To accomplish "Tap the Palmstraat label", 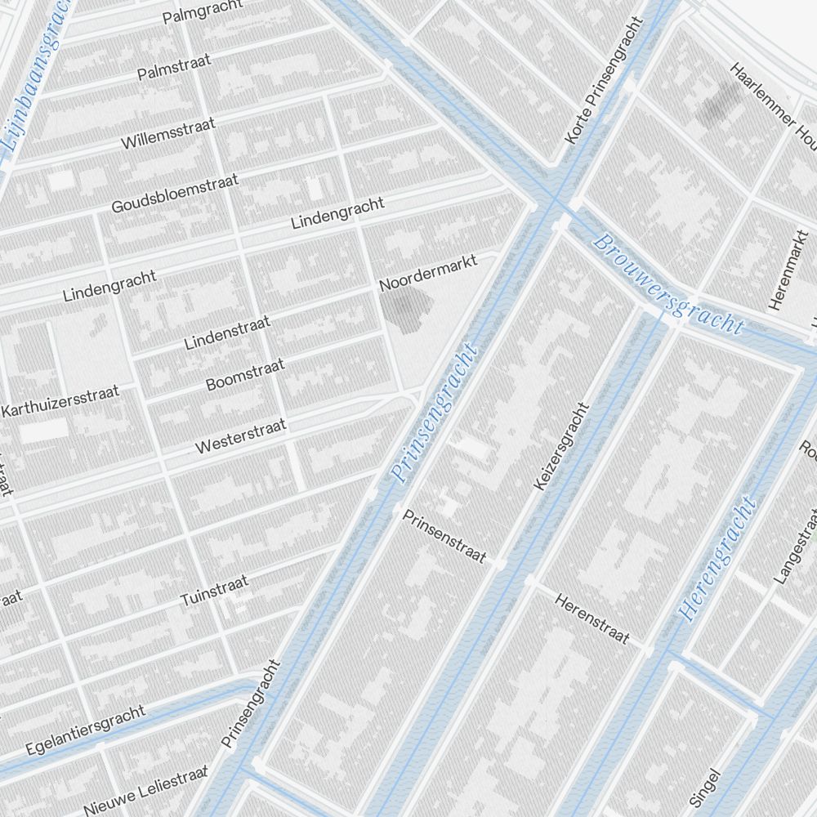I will click(174, 67).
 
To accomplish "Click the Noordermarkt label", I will click(428, 273).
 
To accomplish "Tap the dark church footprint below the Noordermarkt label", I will click(405, 310).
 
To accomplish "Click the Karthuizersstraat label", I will click(61, 401).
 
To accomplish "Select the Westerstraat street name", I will click(240, 436).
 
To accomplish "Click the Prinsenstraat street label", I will click(444, 537).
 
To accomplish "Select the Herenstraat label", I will click(592, 618).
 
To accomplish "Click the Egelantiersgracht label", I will click(85, 730).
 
